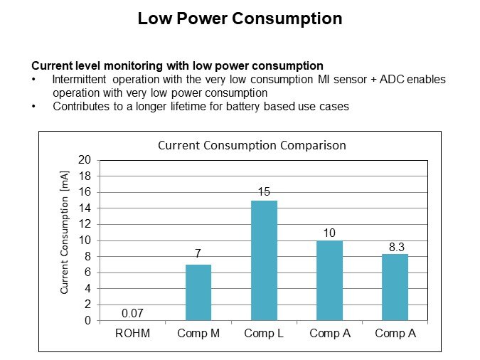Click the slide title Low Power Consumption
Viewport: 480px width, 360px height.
coord(240,18)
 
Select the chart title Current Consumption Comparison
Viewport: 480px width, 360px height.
coord(251,145)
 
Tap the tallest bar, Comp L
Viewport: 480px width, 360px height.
coord(264,260)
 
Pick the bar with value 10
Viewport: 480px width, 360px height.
coord(330,280)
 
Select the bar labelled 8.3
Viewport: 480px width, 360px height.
coord(395,287)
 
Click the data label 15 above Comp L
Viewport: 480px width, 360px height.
coord(264,192)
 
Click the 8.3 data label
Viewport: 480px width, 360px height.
coord(395,245)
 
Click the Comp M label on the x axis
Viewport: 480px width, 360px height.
coord(198,333)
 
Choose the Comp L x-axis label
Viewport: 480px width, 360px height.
coord(264,333)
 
